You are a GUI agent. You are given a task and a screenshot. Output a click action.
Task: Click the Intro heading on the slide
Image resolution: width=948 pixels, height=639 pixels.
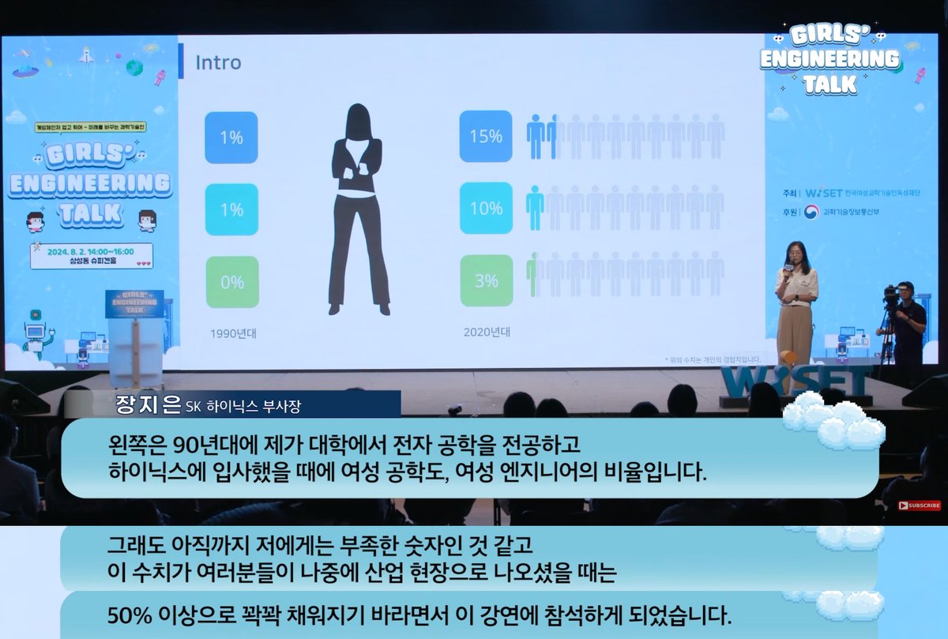click(218, 62)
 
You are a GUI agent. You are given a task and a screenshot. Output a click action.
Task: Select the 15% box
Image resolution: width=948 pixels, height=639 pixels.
click(486, 137)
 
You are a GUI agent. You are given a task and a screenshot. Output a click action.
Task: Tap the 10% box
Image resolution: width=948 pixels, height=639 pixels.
click(486, 209)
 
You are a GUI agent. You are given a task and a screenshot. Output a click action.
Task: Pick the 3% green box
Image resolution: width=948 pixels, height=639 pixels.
click(486, 280)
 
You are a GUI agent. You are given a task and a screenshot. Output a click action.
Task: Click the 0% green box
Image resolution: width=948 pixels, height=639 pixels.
click(231, 281)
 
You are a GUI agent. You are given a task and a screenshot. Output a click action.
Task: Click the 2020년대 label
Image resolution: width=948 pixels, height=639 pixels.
click(487, 332)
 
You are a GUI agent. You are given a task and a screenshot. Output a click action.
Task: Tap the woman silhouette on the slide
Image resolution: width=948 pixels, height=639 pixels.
click(359, 209)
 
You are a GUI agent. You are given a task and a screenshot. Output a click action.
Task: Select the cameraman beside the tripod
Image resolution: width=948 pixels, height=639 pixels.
click(907, 324)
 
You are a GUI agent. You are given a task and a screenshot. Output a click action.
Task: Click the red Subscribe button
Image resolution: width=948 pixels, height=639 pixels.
click(919, 506)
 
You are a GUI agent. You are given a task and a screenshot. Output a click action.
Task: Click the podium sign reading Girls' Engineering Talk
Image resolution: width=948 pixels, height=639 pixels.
click(134, 303)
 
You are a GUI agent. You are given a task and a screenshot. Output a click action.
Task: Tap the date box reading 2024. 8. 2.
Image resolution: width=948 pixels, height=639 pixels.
click(92, 255)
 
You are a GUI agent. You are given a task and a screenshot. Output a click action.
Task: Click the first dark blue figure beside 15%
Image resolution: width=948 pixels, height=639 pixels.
click(536, 136)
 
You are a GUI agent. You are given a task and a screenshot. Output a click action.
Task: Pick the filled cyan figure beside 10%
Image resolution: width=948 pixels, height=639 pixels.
click(535, 208)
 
